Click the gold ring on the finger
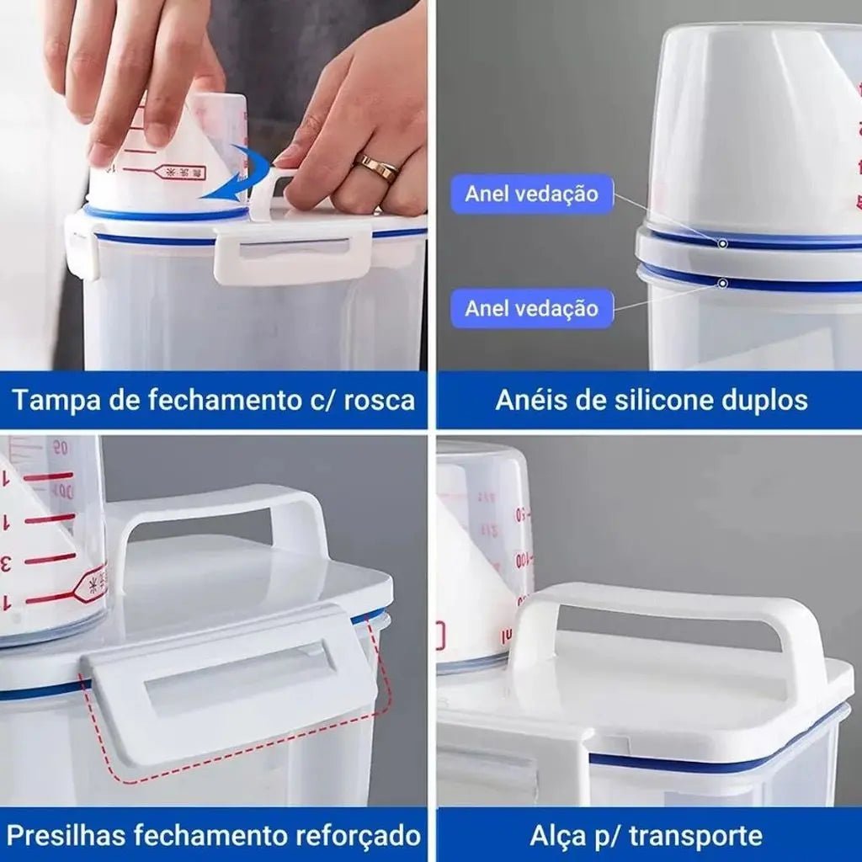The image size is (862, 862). (x=377, y=168)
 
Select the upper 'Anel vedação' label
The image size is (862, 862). (x=532, y=194)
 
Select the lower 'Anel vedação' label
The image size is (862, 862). (x=532, y=308)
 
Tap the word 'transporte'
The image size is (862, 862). (x=695, y=835)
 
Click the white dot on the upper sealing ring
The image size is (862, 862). (x=722, y=243)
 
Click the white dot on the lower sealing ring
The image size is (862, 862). (x=722, y=284)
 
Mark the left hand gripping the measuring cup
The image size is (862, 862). (x=135, y=76)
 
